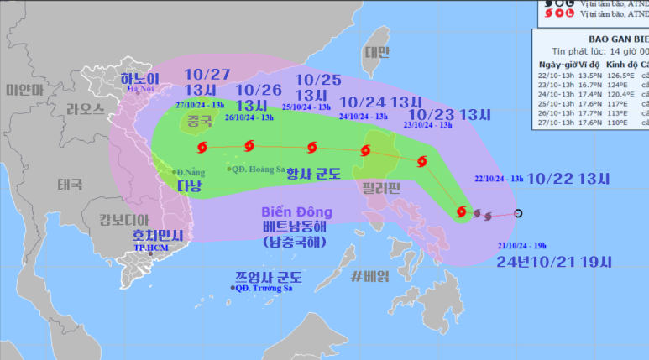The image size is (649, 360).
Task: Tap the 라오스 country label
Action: [85, 110]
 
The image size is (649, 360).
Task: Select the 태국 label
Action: [71, 184]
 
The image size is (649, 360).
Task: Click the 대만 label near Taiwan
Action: [377, 53]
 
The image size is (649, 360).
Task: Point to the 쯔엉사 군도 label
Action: [269, 277]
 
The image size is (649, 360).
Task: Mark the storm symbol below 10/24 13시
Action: [364, 151]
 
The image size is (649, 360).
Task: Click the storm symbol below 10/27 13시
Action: [202, 148]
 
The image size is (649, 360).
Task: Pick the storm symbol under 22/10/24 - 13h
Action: [460, 211]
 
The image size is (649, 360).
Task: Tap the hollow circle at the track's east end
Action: [517, 213]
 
